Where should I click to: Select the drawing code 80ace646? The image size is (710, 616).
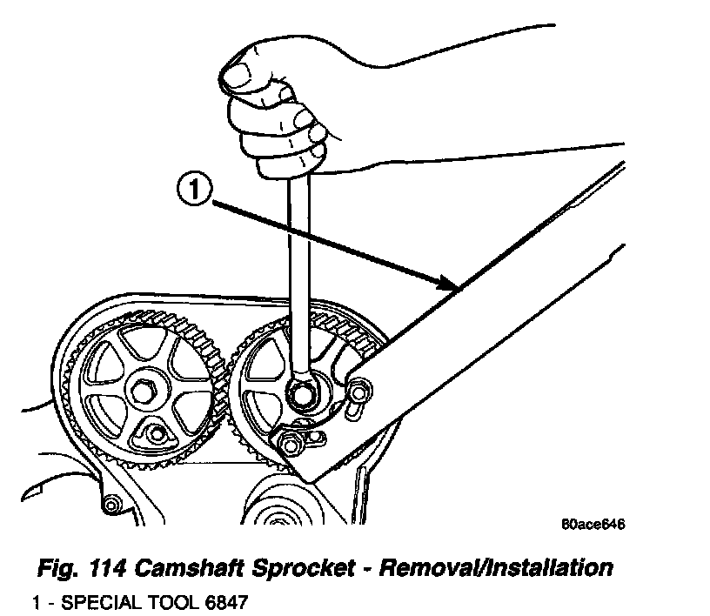click(x=593, y=525)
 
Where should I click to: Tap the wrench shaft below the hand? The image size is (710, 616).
click(x=295, y=261)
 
